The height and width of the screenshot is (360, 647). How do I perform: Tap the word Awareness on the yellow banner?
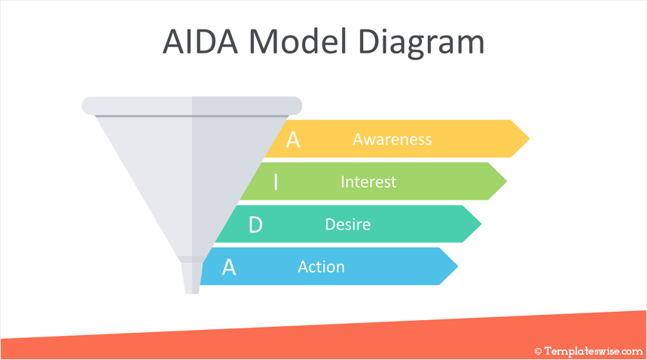[392, 139]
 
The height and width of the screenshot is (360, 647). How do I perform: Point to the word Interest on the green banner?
[368, 182]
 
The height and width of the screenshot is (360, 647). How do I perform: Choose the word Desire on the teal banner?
[347, 224]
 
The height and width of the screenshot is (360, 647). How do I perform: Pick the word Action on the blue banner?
[321, 267]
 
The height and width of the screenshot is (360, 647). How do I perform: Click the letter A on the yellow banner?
[293, 139]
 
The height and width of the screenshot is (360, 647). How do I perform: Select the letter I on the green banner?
[276, 182]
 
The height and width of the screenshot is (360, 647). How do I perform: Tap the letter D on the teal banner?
[255, 224]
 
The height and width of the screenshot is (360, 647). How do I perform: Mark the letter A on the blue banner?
[229, 267]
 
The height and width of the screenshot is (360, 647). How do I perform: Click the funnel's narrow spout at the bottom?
[192, 277]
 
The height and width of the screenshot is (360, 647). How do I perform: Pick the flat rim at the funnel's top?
[191, 105]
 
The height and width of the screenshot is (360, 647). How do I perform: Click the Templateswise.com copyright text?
[593, 351]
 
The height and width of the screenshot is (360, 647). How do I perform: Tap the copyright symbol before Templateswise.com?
[538, 351]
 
